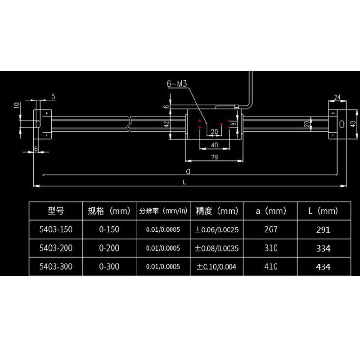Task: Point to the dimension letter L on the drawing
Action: pyautogui.click(x=184, y=181)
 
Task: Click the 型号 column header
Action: pyautogui.click(x=55, y=211)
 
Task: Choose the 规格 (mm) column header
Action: pyautogui.click(x=109, y=211)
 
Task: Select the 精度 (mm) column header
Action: pyautogui.click(x=216, y=211)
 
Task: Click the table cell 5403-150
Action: pyautogui.click(x=55, y=229)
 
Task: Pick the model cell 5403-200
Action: pyautogui.click(x=55, y=248)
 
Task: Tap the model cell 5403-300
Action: pyautogui.click(x=55, y=267)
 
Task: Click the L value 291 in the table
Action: pyautogui.click(x=323, y=229)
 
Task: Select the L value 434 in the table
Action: pyautogui.click(x=323, y=267)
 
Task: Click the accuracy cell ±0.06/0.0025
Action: pyautogui.click(x=216, y=229)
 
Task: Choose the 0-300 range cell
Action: pyautogui.click(x=109, y=267)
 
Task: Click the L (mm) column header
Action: pyautogui.click(x=323, y=211)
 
